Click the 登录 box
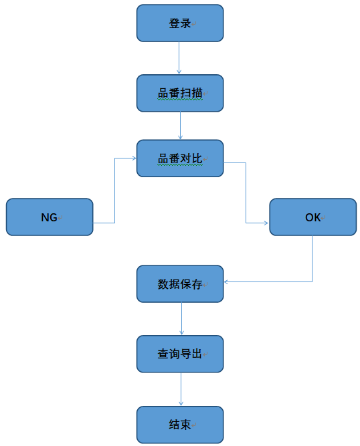tap(180, 23)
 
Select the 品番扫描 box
tap(180, 93)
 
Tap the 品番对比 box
tap(180, 158)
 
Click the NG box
tap(50, 217)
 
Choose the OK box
tap(312, 217)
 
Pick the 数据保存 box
tap(180, 284)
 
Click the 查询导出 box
tap(180, 354)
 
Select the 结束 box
tap(180, 425)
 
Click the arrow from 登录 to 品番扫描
tap(179, 58)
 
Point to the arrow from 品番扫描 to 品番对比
tap(180, 126)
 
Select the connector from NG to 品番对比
tap(114, 191)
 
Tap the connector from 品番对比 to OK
tap(246, 193)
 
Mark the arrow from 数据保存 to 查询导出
tap(181, 318)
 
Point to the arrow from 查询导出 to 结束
tap(181, 389)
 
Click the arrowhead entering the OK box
tap(267, 223)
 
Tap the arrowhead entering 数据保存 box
tap(226, 282)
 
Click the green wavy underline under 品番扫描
tap(180, 100)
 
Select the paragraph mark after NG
tap(60, 218)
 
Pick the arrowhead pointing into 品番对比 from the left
tap(134, 158)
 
